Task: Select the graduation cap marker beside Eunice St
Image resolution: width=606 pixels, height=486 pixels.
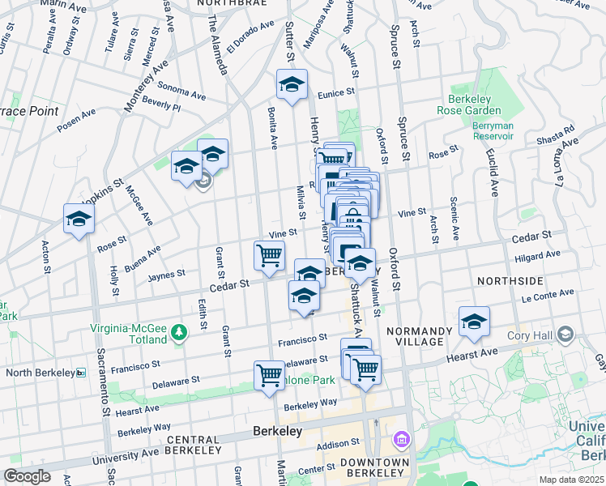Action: coord(292,83)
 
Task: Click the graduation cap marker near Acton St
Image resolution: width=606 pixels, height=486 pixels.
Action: coord(79,219)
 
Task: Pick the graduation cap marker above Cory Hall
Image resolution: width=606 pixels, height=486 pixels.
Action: coord(474,321)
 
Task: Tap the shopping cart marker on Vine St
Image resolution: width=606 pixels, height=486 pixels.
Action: coord(269,255)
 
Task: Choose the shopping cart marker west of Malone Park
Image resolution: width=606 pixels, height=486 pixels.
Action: coord(269,375)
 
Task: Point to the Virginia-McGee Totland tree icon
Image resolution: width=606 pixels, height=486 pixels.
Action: coord(181,330)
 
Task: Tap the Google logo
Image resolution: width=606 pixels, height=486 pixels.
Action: coord(27,476)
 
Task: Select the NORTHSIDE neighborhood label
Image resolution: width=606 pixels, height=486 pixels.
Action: coord(510,281)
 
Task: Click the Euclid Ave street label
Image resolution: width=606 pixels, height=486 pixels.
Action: coord(493,179)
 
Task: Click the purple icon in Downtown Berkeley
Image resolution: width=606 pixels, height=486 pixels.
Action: coord(401,440)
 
